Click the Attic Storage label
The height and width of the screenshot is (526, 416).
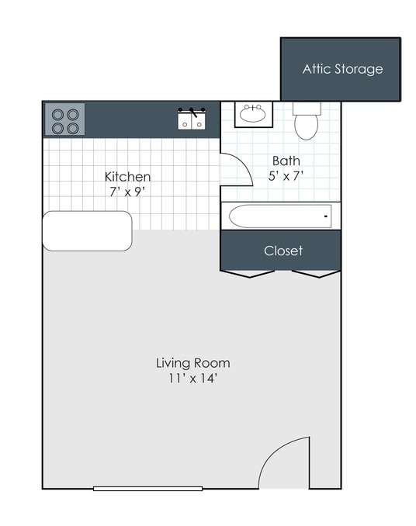point(342,69)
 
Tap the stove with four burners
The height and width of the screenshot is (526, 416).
point(64,120)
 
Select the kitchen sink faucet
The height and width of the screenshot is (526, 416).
point(192,113)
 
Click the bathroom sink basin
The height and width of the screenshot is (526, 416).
point(252,116)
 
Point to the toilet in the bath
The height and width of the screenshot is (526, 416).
point(307,122)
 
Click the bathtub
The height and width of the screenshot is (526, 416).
point(279,215)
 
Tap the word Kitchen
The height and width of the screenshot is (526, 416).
point(127,177)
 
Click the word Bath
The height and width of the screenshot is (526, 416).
point(286,161)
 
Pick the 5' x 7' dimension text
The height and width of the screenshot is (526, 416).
point(286,175)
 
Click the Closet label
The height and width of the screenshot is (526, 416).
point(283,251)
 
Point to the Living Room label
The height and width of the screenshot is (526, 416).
point(192,362)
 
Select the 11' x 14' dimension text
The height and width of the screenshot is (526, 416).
point(192,379)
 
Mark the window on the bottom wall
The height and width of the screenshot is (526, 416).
point(147,488)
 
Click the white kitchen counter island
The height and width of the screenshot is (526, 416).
point(87,230)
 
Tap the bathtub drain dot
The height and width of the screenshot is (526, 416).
point(326,215)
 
